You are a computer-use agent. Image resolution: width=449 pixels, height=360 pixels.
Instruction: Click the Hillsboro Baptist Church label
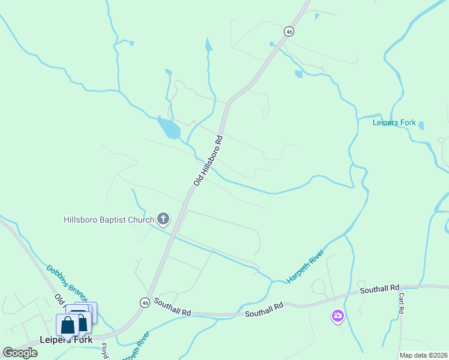coord(109,220)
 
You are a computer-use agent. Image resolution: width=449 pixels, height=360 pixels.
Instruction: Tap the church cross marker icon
coord(163,219)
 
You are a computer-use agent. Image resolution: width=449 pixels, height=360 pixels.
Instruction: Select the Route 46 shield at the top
coord(289,31)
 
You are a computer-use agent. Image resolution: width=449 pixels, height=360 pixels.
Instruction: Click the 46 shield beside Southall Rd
coord(145,302)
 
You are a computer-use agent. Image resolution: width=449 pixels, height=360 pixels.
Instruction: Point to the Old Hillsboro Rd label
coord(208,160)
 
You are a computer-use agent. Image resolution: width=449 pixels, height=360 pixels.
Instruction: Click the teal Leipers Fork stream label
coord(394,123)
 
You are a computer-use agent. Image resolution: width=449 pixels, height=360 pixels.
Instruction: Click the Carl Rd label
coord(401,303)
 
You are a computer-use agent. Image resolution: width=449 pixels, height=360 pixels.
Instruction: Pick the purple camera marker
coord(337,316)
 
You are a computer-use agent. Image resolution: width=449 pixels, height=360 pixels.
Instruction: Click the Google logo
coord(20,352)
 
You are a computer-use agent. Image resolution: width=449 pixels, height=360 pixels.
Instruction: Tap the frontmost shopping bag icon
coord(68,325)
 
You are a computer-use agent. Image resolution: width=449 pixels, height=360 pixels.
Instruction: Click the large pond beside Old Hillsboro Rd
coord(168,128)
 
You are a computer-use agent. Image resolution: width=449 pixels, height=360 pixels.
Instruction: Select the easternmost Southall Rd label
coord(379,290)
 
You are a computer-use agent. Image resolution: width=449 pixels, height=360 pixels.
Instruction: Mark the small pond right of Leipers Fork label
coord(421,125)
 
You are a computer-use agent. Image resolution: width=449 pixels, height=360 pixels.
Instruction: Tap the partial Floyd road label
coord(104,350)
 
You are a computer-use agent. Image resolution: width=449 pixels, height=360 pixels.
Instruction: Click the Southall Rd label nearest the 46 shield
coord(172,308)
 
